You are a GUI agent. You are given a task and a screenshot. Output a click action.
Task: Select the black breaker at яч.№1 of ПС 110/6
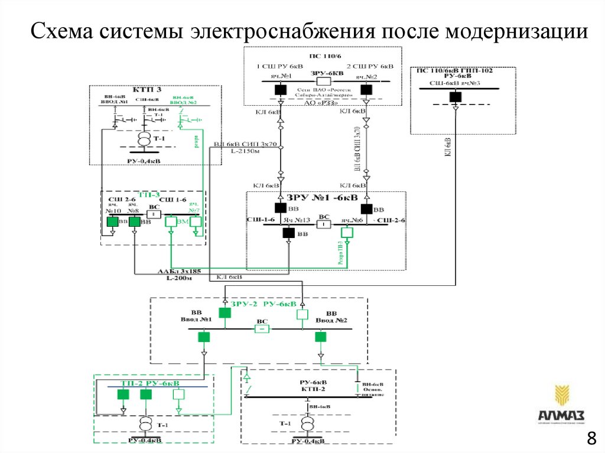[x=281, y=89]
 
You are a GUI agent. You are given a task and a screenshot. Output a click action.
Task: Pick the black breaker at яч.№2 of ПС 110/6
[x=366, y=89]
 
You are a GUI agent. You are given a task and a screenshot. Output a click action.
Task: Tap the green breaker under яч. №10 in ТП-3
[x=112, y=221]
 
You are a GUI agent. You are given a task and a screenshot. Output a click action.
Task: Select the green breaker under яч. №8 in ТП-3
[x=135, y=221]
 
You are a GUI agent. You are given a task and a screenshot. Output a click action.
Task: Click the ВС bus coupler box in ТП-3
[x=154, y=214]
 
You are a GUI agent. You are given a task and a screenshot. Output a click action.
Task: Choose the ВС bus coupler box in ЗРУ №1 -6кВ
[x=324, y=225]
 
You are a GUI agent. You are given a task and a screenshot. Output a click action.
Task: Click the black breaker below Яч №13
[x=288, y=233]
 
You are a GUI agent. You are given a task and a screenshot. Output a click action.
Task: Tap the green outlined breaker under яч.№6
[x=347, y=233]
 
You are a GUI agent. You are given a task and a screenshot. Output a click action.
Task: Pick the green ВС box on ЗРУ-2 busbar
[x=261, y=329]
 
